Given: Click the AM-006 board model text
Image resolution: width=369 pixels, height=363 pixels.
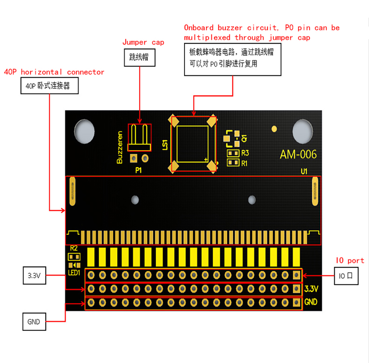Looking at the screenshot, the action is (298, 155).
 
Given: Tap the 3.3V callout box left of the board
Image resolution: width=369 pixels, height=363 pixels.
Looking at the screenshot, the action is (34, 275).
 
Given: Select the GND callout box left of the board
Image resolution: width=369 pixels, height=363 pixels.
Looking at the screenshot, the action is (34, 321).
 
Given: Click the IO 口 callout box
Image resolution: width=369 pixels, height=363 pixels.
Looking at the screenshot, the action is (346, 276).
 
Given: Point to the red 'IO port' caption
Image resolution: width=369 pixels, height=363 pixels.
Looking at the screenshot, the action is (350, 260).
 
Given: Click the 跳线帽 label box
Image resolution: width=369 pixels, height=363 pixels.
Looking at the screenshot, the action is (140, 57).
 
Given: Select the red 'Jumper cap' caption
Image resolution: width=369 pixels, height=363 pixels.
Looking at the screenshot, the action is (143, 42).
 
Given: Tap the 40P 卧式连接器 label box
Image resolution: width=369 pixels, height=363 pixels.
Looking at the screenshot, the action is (49, 86).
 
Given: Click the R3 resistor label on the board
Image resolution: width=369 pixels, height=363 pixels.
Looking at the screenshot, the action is (245, 153).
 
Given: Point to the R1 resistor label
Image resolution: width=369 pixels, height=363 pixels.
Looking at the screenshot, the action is (244, 163).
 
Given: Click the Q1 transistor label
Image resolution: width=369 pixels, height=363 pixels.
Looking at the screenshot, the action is (244, 138).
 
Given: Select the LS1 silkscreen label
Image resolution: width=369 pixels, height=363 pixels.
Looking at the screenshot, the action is (165, 145).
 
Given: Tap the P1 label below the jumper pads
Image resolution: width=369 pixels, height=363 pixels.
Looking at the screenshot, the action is (138, 170).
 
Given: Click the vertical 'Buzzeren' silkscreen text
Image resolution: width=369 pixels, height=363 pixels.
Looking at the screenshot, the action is (120, 147).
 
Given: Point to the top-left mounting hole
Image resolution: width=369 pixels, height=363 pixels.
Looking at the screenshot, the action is (84, 131).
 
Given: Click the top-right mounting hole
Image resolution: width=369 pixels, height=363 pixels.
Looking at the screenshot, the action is (303, 131).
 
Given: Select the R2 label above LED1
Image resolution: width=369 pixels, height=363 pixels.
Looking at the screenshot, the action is (74, 248).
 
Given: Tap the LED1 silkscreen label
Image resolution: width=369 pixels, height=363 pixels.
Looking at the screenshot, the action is (74, 273).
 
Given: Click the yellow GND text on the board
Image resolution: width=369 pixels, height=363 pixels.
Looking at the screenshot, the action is (310, 302).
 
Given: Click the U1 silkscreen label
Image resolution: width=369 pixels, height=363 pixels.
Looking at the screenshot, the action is (304, 171).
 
